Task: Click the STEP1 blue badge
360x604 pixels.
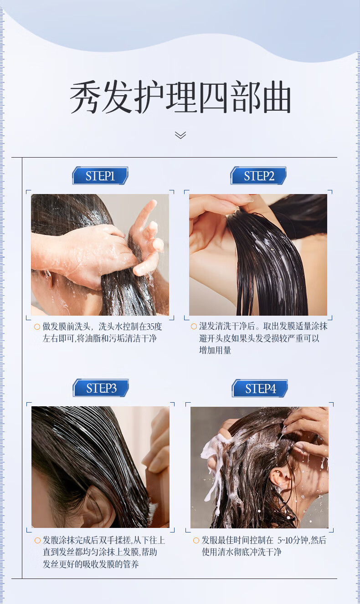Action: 100,176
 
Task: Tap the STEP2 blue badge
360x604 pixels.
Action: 258,176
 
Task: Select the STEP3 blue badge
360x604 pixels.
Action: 101,388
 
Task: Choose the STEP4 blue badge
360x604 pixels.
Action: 260,388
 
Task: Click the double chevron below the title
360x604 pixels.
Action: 180,135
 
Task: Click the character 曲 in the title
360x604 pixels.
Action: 277,97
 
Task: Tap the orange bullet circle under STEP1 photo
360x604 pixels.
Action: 37,327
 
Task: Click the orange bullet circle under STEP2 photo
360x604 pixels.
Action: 194,327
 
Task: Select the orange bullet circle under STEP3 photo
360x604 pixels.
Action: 37,540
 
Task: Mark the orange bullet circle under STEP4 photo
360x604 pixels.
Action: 196,540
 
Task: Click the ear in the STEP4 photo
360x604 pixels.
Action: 280,478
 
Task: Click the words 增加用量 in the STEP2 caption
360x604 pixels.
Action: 215,350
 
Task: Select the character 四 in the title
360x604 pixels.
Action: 213,97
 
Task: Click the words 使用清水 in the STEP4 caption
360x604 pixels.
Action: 218,552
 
